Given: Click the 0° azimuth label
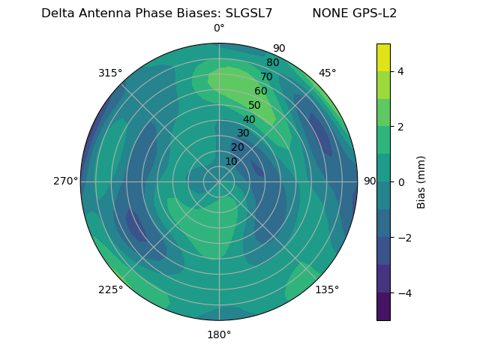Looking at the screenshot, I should tap(219, 28).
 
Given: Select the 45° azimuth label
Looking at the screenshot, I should tap(327, 73).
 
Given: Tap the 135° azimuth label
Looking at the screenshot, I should tap(327, 289).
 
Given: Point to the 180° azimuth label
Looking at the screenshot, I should tap(219, 334).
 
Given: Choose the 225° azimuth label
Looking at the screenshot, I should tap(110, 289).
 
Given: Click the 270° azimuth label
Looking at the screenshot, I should tap(65, 181).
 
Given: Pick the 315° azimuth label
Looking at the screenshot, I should tap(110, 73).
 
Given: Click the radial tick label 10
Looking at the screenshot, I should tap(231, 162).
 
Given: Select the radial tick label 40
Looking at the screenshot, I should tap(249, 120).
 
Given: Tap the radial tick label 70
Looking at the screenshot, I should tap(266, 77).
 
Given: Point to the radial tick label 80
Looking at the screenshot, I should tap(272, 63).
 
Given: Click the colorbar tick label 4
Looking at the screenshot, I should tap(400, 71).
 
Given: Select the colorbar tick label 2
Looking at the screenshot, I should tap(400, 127).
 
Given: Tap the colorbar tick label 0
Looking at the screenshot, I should tap(400, 182).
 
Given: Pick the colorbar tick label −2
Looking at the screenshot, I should tap(403, 238).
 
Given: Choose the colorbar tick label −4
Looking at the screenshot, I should tap(403, 293).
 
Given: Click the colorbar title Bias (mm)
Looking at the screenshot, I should tap(421, 182).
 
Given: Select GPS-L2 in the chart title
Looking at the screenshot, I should tap(373, 13).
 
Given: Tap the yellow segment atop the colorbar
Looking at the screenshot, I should tap(383, 58).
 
